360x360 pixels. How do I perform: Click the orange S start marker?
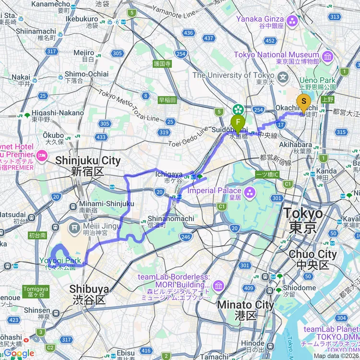point(303,102)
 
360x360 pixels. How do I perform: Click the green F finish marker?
point(238,122)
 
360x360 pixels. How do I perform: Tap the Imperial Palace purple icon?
point(250,193)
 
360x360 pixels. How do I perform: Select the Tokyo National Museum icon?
point(328,58)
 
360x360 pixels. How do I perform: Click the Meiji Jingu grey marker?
point(74,226)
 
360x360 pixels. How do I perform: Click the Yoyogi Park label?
point(60,261)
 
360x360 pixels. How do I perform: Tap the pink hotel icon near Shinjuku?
point(41,155)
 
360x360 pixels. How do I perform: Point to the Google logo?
point(18,353)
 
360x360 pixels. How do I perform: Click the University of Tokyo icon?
point(284,76)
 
